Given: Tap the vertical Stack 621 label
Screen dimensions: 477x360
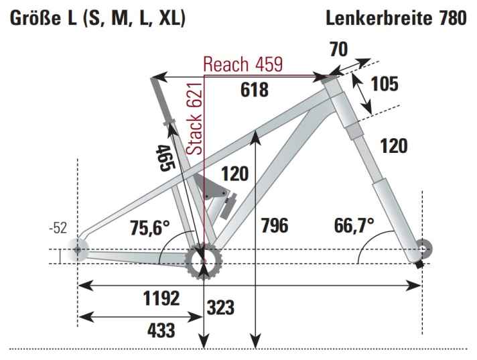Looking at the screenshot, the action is [x=194, y=121].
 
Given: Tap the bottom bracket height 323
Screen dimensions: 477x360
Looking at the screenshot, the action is [x=221, y=308].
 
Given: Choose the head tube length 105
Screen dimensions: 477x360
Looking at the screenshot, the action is [x=385, y=84].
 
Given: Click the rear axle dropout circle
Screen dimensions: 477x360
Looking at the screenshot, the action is [x=78, y=249].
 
